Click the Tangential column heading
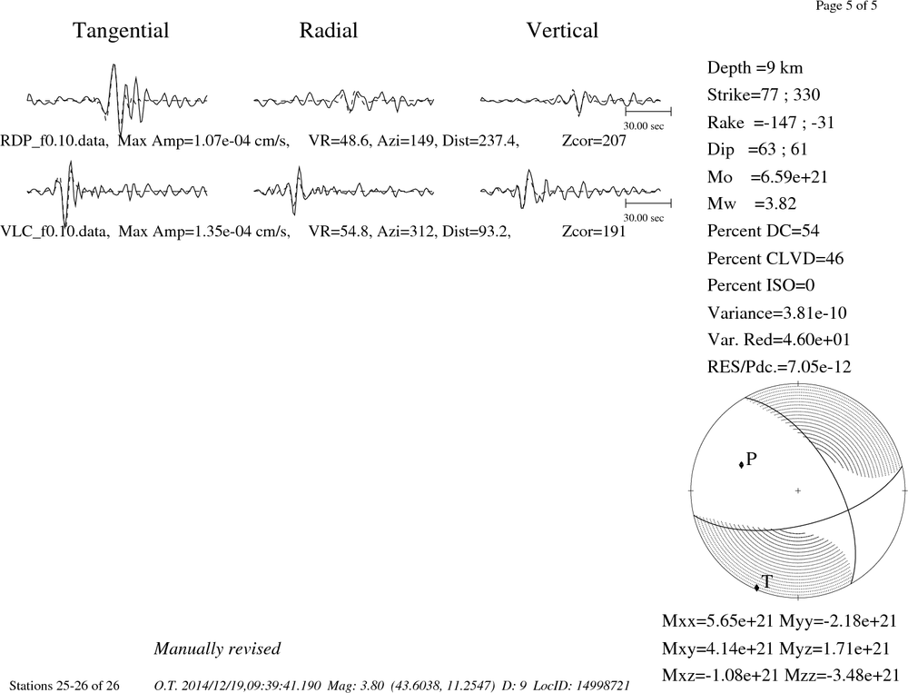coord(121,31)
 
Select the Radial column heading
coord(329,31)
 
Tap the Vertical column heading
coord(562,31)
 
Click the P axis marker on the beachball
coord(741,465)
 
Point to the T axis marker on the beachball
coord(757,588)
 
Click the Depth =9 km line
coord(755,68)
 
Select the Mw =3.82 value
coord(752,204)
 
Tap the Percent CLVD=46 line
coord(775,259)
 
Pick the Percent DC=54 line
coord(764,232)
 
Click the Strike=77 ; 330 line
coord(764,95)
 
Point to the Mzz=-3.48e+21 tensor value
coord(842,675)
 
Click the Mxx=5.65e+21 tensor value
coord(718,621)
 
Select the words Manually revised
coord(217,648)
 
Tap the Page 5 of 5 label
coord(846,6)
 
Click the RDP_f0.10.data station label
coord(54,141)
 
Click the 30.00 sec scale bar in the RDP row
coord(648,111)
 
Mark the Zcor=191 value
coord(594,232)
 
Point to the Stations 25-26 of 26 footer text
coord(64,686)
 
